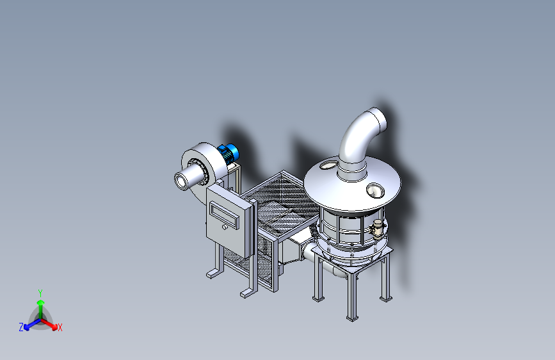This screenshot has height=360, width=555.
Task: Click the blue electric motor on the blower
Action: (x=229, y=152)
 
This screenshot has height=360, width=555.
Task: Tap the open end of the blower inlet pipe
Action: (x=182, y=181)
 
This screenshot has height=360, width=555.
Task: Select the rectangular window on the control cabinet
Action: (x=224, y=215)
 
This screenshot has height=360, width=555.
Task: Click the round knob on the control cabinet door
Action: (x=225, y=227)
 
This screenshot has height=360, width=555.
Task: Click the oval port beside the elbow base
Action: (x=329, y=165)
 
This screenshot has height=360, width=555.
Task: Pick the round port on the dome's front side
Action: (x=375, y=191)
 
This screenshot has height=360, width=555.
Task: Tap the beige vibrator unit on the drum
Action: (x=378, y=228)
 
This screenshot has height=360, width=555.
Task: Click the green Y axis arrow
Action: (x=40, y=308)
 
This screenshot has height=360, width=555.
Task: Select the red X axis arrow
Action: (x=49, y=323)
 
